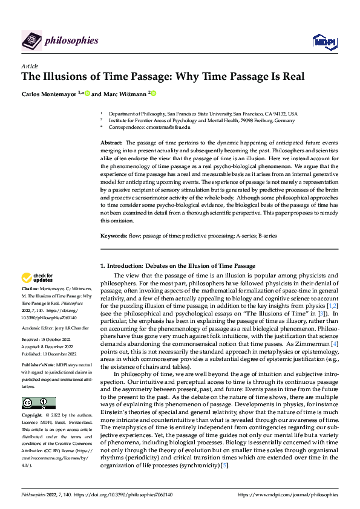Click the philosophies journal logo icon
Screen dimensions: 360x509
pos(31,41)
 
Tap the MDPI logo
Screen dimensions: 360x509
pos(324,41)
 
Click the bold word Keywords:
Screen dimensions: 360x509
pos(113,235)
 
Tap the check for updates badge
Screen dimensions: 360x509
pos(38,278)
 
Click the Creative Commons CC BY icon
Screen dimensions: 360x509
pos(39,403)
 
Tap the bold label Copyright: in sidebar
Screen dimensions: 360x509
pos(34,417)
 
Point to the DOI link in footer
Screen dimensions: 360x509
pos(125,494)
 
